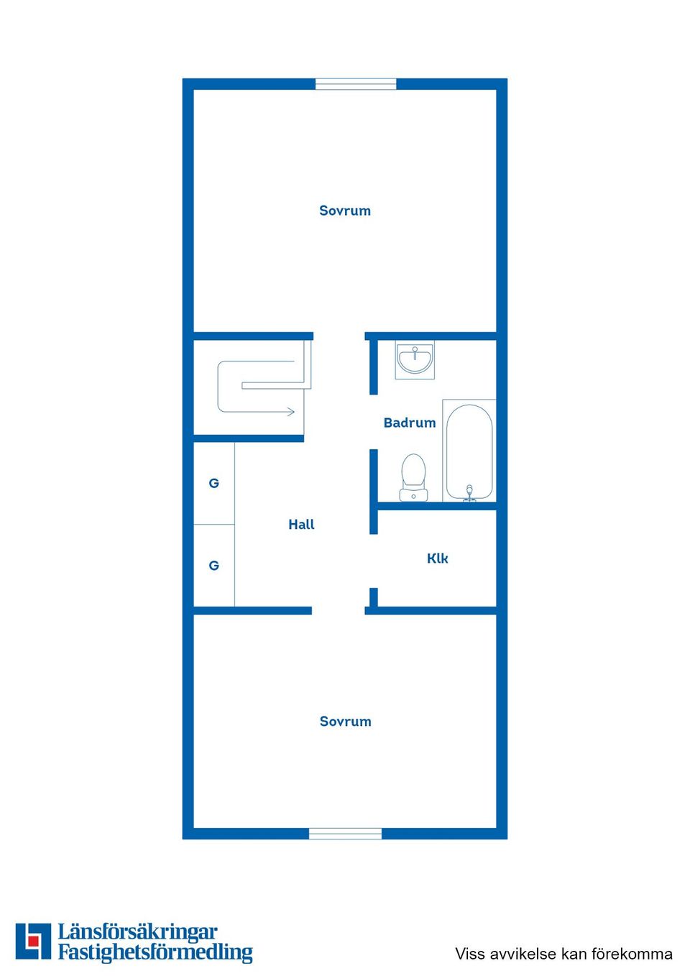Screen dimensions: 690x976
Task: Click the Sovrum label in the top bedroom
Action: coord(344,211)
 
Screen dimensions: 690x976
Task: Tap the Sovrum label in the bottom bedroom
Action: coord(346,721)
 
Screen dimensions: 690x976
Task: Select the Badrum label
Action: coord(410,423)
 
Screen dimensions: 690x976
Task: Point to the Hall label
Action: coord(301,524)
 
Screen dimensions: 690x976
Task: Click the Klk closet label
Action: coord(437,558)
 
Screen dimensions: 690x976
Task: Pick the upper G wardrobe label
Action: coord(214,483)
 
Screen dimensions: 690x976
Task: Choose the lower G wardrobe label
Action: coord(214,566)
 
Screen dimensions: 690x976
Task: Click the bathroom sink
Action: coord(415,360)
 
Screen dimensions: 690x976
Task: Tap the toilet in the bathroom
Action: coord(413,477)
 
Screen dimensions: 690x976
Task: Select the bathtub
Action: coord(469,451)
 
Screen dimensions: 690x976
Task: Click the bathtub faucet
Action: coord(469,494)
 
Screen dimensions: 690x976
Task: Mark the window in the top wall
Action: coord(356,84)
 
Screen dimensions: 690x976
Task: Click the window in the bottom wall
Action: coord(346,834)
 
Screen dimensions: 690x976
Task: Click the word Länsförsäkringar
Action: coord(138,932)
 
